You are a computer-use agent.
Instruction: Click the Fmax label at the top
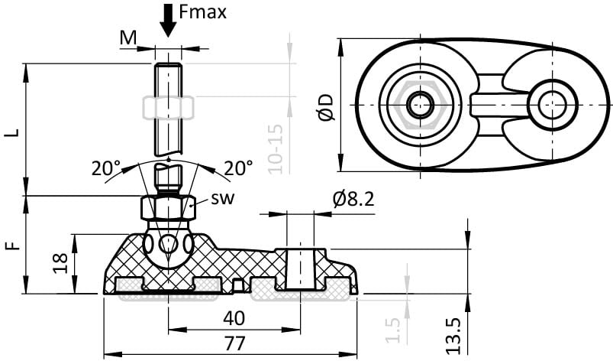pyautogui.click(x=202, y=12)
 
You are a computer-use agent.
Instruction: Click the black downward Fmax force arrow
pyautogui.click(x=168, y=21)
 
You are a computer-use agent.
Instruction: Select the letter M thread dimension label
pyautogui.click(x=128, y=38)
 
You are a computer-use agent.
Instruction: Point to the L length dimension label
pyautogui.click(x=14, y=132)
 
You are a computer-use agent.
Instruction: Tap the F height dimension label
pyautogui.click(x=14, y=246)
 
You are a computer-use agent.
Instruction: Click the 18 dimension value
pyautogui.click(x=60, y=263)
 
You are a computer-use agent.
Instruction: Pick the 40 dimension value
pyautogui.click(x=234, y=318)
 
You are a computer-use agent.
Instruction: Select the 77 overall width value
pyautogui.click(x=234, y=343)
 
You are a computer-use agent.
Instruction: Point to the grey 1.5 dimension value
pyautogui.click(x=393, y=330)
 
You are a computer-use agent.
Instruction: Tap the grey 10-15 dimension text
pyautogui.click(x=276, y=148)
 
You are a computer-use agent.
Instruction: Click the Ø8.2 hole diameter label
pyautogui.click(x=353, y=199)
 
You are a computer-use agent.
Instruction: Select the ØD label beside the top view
pyautogui.click(x=326, y=107)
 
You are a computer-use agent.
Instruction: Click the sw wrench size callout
pyautogui.click(x=223, y=199)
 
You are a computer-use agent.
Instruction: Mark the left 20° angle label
pyautogui.click(x=106, y=168)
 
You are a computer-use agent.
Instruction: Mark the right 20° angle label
pyautogui.click(x=238, y=168)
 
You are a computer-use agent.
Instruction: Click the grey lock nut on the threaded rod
pyautogui.click(x=169, y=108)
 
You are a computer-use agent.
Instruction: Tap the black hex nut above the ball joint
pyautogui.click(x=168, y=208)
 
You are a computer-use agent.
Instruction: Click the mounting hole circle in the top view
pyautogui.click(x=552, y=105)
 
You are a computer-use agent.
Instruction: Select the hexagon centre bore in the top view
pyautogui.click(x=420, y=105)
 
